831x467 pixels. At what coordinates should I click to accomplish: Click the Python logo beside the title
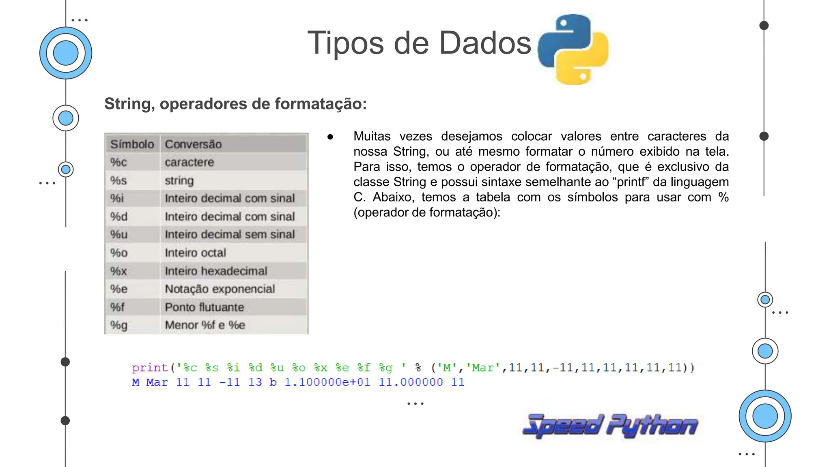tap(573, 49)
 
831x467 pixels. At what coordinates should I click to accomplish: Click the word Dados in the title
tap(485, 43)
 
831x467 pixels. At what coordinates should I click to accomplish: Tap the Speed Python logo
tap(610, 426)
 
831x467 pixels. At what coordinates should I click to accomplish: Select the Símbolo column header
tap(132, 144)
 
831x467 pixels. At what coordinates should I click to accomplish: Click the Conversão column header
tap(193, 144)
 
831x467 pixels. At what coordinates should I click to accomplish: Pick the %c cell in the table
tap(118, 162)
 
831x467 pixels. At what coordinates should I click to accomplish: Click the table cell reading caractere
tap(189, 162)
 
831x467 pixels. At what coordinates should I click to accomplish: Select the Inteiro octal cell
tap(195, 253)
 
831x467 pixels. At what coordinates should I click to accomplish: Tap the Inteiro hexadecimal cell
tap(216, 271)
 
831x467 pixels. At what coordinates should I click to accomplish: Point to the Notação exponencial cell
tap(220, 289)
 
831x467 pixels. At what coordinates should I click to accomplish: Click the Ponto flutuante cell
tap(204, 307)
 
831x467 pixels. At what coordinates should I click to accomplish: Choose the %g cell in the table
tap(118, 325)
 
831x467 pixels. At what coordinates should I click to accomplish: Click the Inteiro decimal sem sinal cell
tap(230, 234)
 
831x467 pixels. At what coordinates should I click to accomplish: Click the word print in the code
tap(149, 368)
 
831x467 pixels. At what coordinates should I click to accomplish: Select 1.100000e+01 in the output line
tap(327, 382)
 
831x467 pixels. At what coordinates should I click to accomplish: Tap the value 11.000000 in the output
tap(411, 382)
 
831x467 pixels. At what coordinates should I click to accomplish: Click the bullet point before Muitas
tap(330, 137)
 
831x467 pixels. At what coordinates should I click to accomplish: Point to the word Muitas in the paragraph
tap(372, 136)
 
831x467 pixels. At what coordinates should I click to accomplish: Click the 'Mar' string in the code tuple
tap(482, 368)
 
